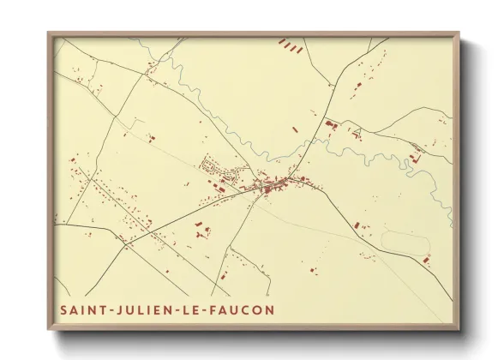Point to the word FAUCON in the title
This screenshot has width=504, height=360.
[x=242, y=309]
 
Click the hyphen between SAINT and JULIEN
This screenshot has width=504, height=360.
[x=106, y=309]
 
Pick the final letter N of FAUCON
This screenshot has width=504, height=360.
[x=271, y=309]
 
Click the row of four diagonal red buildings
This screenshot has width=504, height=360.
[x=291, y=46]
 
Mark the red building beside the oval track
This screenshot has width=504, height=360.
[x=427, y=258]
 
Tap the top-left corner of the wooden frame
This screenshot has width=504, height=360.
[x=49, y=34]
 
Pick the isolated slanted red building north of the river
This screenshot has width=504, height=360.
[x=294, y=129]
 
